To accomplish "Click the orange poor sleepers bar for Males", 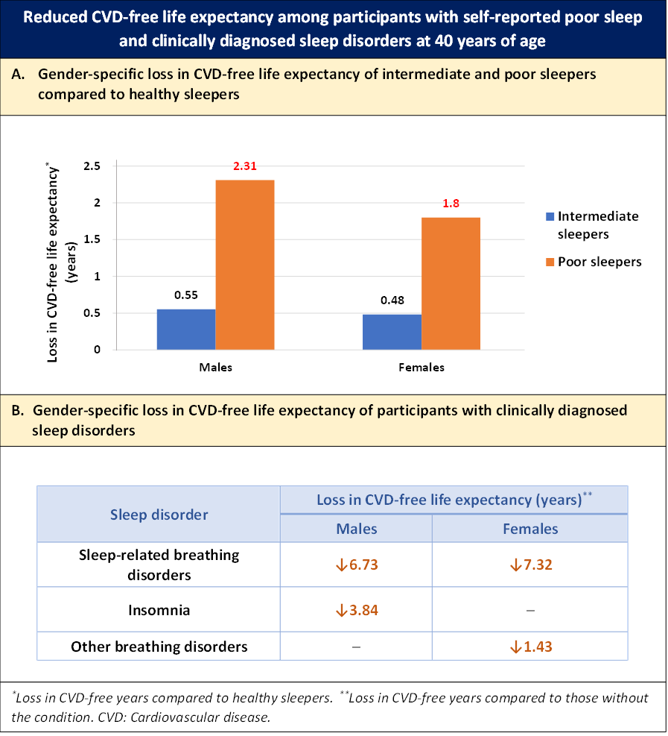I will point(245,265).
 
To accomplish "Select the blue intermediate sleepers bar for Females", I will point(392,332).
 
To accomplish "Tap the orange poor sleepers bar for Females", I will point(450,283).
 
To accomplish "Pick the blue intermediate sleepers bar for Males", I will point(186,329).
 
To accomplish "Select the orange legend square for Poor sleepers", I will point(550,262).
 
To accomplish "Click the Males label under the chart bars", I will point(215,368).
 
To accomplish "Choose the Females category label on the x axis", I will point(421,368).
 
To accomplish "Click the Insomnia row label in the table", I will point(159,610).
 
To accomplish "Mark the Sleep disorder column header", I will point(159,515).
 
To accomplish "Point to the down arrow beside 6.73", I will point(340,565).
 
